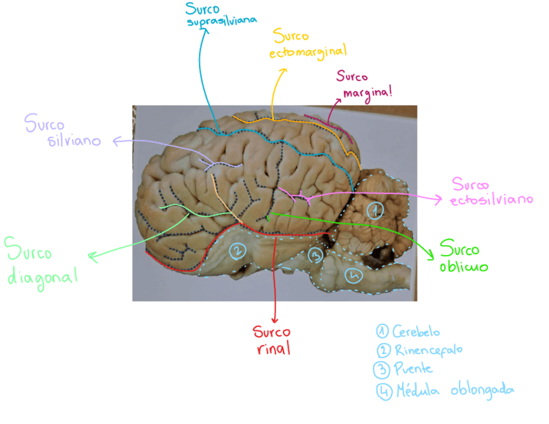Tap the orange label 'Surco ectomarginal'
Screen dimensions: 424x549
308,43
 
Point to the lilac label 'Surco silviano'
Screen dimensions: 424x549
63,131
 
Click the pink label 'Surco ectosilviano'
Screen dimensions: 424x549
491,192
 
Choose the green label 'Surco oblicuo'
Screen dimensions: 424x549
463,256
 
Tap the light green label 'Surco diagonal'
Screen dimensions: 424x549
40,260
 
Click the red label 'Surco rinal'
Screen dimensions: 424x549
272,340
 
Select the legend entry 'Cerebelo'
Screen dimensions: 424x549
409,331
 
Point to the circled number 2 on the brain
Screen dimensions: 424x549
238,249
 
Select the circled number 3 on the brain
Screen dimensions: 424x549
315,254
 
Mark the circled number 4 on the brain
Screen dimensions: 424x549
353,276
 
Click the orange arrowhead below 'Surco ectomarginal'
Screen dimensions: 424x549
282,70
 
